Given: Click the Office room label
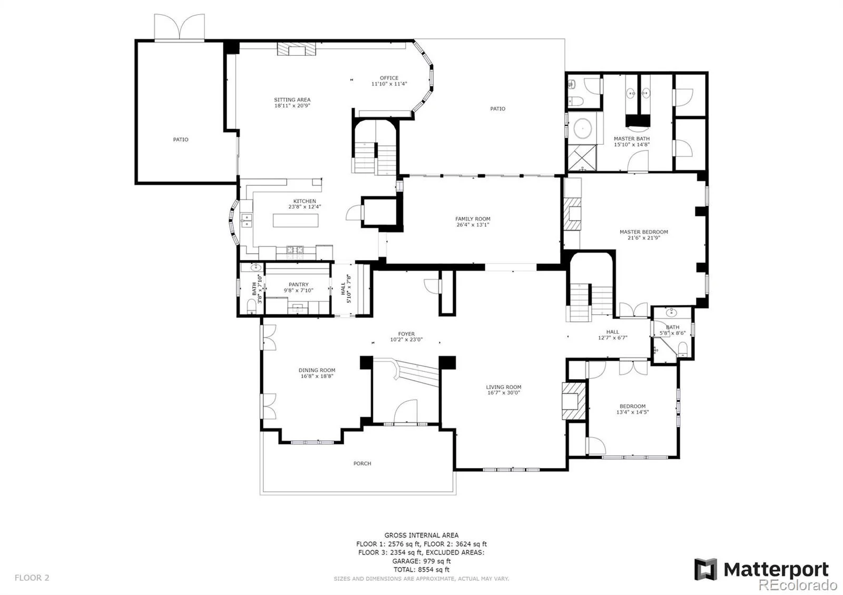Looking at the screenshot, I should click(x=389, y=78).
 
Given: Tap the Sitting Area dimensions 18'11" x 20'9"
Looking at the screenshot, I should click(x=292, y=106).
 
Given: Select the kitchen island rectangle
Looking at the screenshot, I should click(x=296, y=220).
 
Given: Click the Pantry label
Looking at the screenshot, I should click(x=298, y=285).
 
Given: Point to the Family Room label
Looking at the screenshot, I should click(x=473, y=219).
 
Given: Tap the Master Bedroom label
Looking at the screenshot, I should click(x=643, y=232).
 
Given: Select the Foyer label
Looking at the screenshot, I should click(x=406, y=334).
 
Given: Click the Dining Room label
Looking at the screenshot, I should click(x=317, y=370).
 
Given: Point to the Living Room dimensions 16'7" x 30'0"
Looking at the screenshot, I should click(x=504, y=393).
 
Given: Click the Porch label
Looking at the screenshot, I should click(x=362, y=463).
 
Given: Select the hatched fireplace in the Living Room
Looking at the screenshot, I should click(x=572, y=401).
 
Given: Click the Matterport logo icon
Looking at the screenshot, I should click(x=705, y=569).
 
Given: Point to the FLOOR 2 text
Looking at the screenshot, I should click(x=32, y=578).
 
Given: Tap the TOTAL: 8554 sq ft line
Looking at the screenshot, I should click(x=421, y=570).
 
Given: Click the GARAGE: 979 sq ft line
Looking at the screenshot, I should click(x=421, y=561).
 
